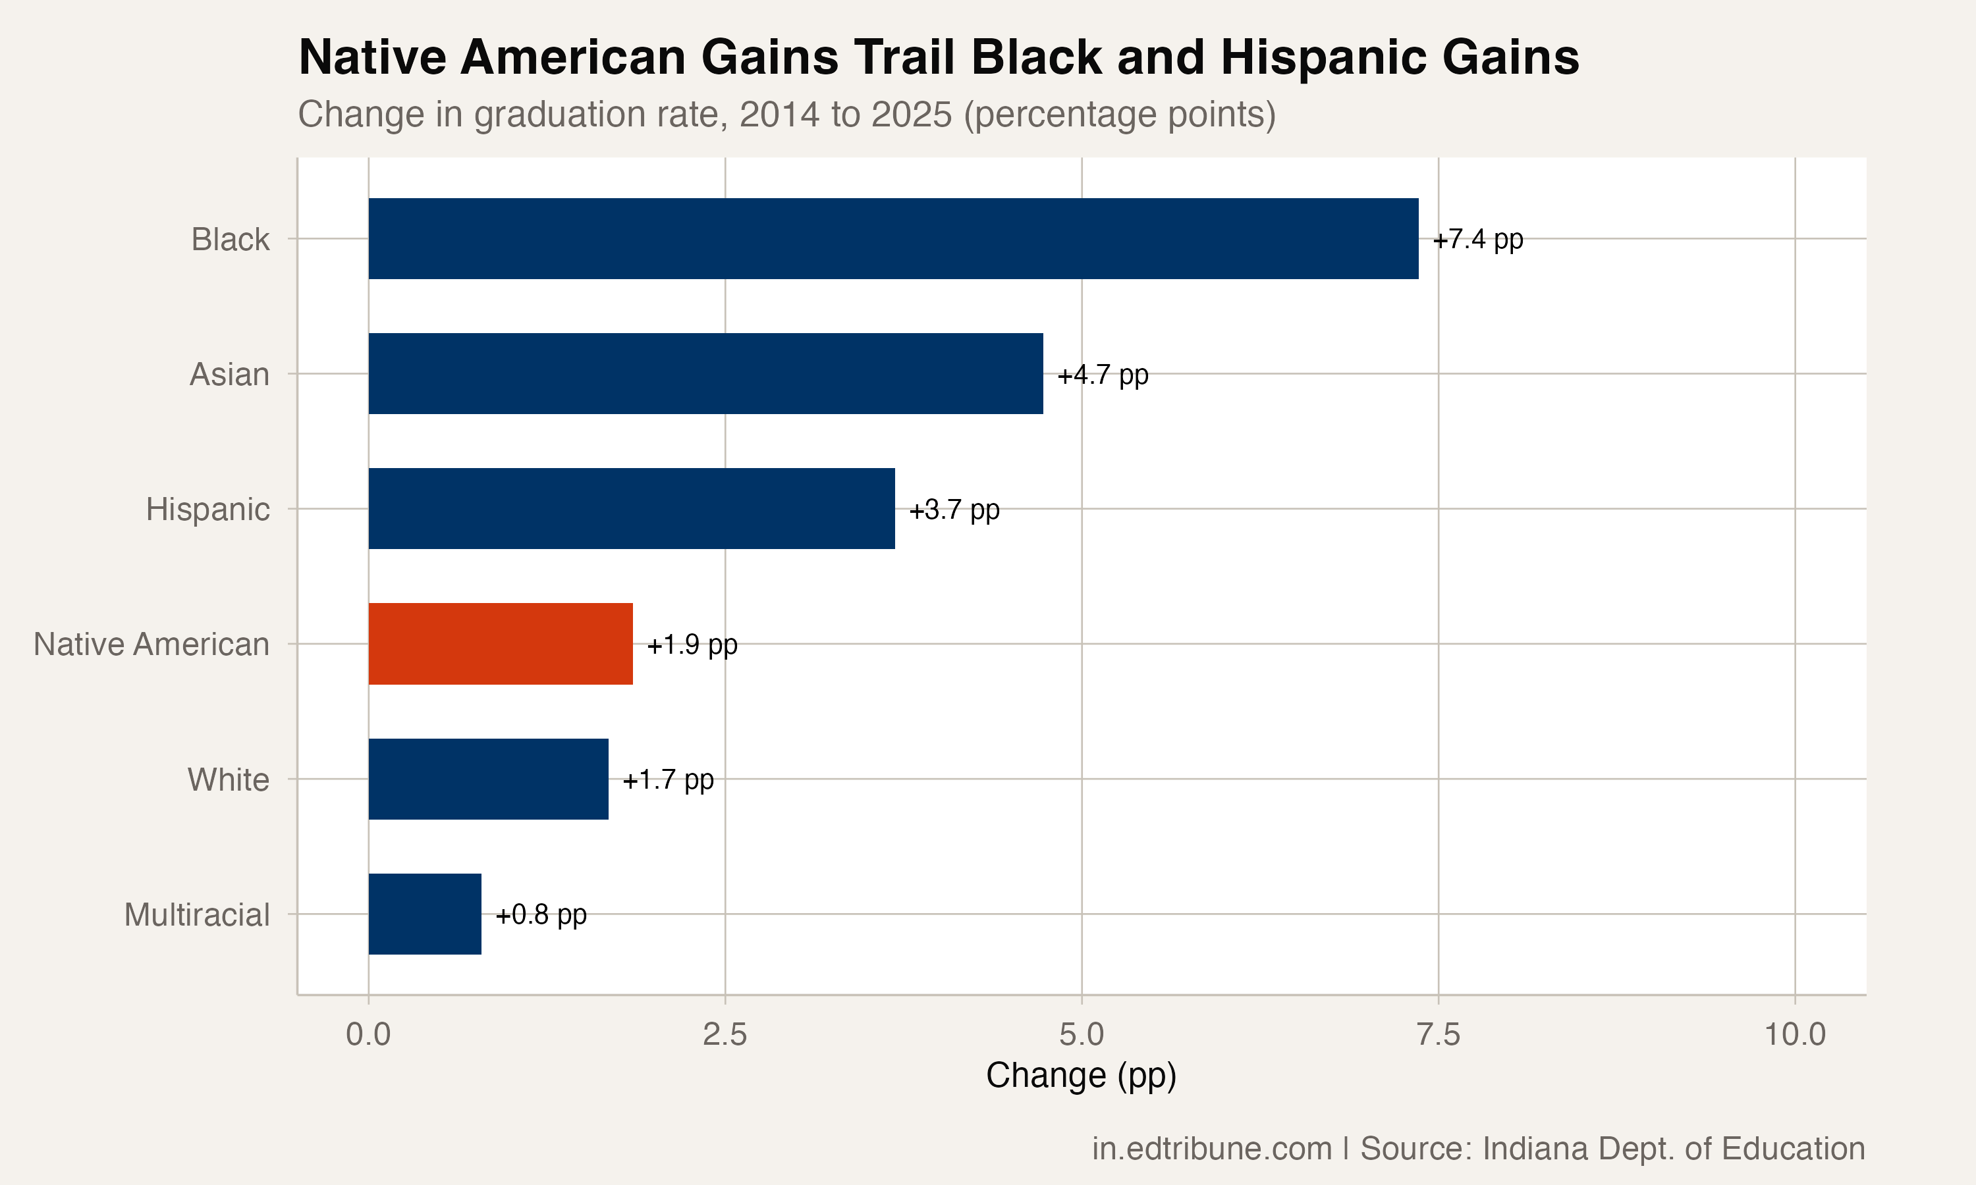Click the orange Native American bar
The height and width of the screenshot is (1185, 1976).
(x=501, y=644)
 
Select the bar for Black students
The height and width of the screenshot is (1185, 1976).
(x=894, y=239)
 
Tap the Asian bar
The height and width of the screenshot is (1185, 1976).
(x=706, y=374)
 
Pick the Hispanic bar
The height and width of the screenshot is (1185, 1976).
(x=632, y=509)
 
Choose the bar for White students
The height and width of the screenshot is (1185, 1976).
(x=489, y=779)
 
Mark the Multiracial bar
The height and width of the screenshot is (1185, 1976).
(x=425, y=914)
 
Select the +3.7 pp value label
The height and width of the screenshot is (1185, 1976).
(x=954, y=510)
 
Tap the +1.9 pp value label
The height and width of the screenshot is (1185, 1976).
(x=692, y=645)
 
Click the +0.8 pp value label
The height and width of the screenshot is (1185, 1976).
(x=541, y=914)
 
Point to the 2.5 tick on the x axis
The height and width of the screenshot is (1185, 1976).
(x=725, y=1035)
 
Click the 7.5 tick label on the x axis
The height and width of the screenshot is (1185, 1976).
(x=1439, y=1035)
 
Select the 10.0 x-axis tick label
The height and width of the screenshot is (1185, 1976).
(x=1796, y=1035)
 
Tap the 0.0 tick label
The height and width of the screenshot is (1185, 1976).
(x=368, y=1035)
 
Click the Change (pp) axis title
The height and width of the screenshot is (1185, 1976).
(x=1082, y=1076)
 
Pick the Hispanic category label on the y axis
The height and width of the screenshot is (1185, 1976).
(x=207, y=510)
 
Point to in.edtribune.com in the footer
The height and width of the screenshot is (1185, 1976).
(x=1212, y=1149)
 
